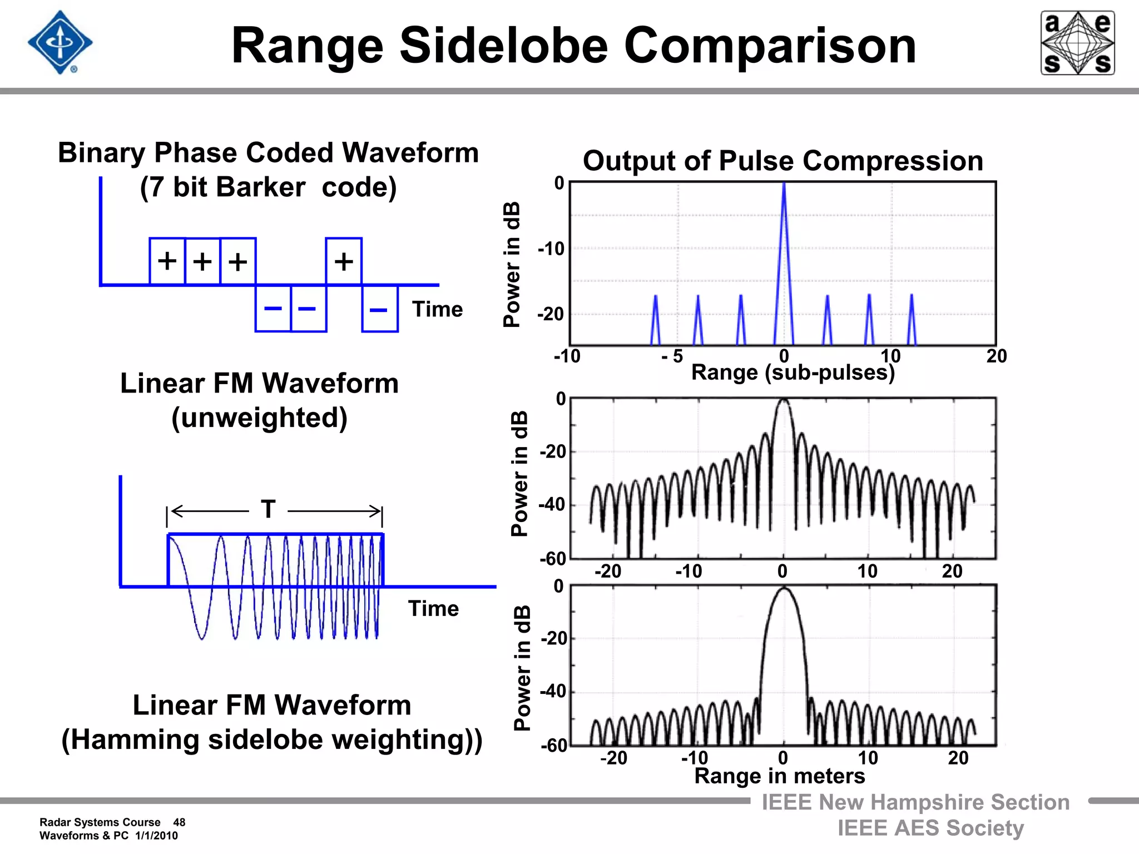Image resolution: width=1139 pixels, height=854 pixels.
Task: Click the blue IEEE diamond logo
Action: pyautogui.click(x=60, y=42)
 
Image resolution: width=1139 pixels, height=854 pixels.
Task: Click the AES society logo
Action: pyautogui.click(x=1077, y=43)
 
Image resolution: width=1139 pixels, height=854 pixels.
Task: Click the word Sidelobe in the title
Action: pyautogui.click(x=504, y=46)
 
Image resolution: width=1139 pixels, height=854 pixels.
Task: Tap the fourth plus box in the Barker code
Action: pyautogui.click(x=344, y=261)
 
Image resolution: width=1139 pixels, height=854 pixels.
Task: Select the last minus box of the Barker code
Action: pyautogui.click(x=379, y=309)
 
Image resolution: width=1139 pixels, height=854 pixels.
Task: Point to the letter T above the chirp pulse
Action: pyautogui.click(x=269, y=509)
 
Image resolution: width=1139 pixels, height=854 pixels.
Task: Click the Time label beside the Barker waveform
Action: pyautogui.click(x=437, y=309)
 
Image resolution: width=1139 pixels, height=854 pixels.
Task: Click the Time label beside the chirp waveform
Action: pyautogui.click(x=433, y=608)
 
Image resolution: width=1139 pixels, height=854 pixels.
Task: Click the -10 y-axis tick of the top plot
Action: pyautogui.click(x=551, y=249)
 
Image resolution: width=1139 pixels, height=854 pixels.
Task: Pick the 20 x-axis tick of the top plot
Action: pyautogui.click(x=996, y=356)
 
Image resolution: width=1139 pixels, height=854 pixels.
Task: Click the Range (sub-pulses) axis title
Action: pyautogui.click(x=793, y=373)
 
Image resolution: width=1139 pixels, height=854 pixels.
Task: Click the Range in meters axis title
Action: pyautogui.click(x=779, y=776)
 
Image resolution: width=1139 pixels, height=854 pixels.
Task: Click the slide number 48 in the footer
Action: pyautogui.click(x=179, y=822)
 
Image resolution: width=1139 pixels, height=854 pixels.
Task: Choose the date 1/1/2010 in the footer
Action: pyautogui.click(x=156, y=836)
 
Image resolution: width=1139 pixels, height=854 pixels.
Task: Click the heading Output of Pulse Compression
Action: pyautogui.click(x=783, y=161)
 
